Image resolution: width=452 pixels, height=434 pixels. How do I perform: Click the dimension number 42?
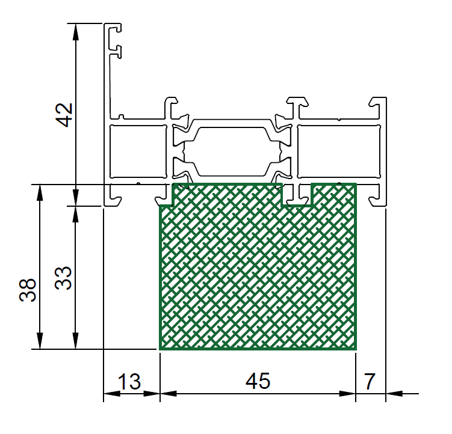pyautogui.click(x=64, y=115)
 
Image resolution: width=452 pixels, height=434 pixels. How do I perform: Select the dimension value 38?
pyautogui.click(x=28, y=290)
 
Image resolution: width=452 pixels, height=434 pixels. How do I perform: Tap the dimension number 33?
pyautogui.click(x=63, y=278)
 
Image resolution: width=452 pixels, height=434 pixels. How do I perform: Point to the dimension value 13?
pyautogui.click(x=129, y=382)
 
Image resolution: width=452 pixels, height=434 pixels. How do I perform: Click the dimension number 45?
pyautogui.click(x=258, y=381)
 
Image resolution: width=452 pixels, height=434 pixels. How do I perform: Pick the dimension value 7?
pyautogui.click(x=370, y=381)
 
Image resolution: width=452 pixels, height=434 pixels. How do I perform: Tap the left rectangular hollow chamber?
pyautogui.click(x=138, y=151)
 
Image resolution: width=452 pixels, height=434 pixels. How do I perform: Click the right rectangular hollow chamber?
pyautogui.click(x=339, y=151)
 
